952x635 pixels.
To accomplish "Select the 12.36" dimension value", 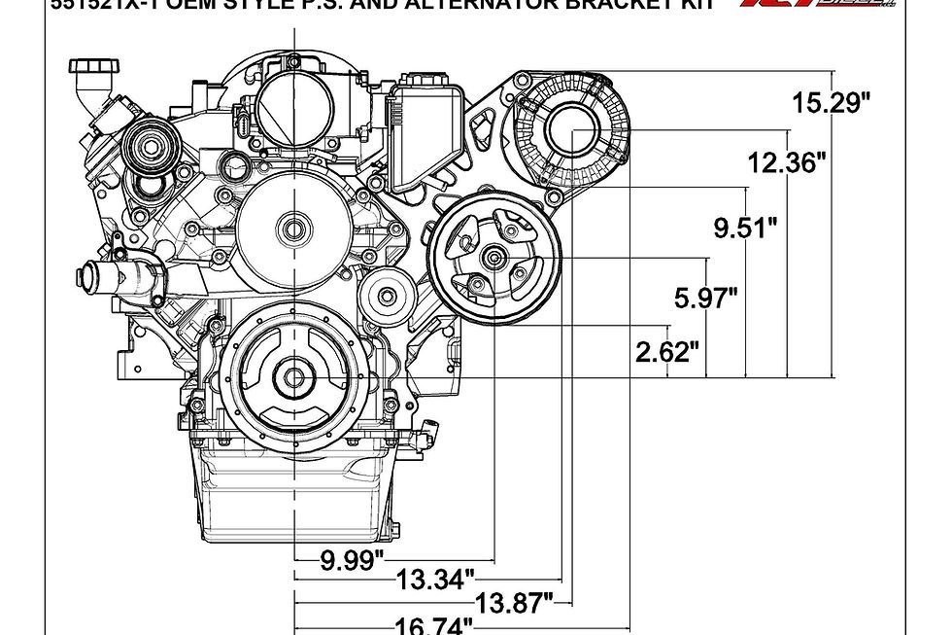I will click(787, 162).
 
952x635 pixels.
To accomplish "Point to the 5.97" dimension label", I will click(706, 298).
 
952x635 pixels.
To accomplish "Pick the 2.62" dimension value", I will click(667, 351).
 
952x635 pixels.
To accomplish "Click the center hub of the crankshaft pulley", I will click(292, 377).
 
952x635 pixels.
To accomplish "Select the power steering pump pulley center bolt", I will click(494, 259).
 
